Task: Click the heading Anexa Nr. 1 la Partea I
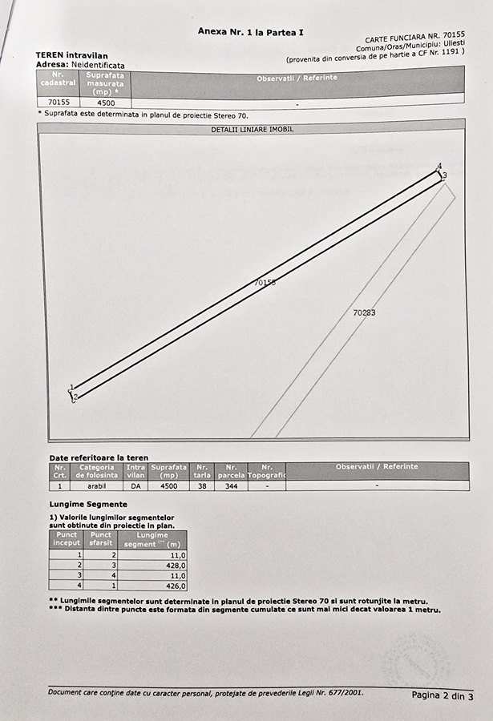click(251, 31)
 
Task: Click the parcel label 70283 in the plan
click(364, 312)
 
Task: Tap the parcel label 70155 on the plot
click(265, 282)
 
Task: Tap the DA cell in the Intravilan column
click(135, 485)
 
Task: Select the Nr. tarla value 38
click(202, 485)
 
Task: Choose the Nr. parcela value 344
click(232, 485)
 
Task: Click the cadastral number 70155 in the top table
click(59, 103)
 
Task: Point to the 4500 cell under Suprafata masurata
click(105, 103)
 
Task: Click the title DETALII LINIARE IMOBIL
click(252, 129)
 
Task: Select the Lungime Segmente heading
click(88, 504)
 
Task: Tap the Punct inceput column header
click(67, 538)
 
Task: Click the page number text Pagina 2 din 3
click(442, 695)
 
